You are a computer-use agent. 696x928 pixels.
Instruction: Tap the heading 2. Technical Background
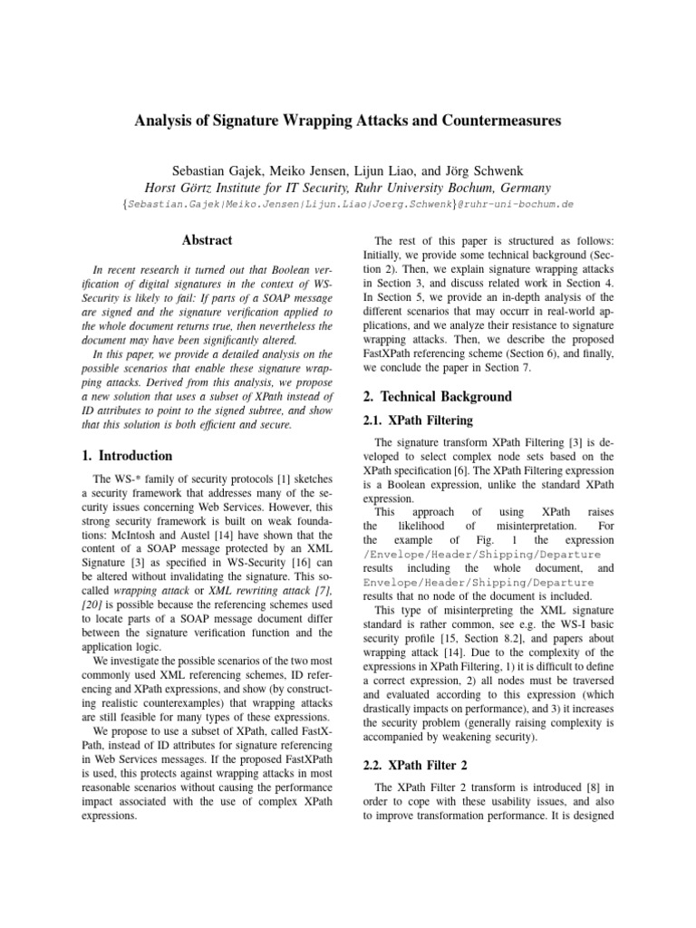(x=437, y=397)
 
